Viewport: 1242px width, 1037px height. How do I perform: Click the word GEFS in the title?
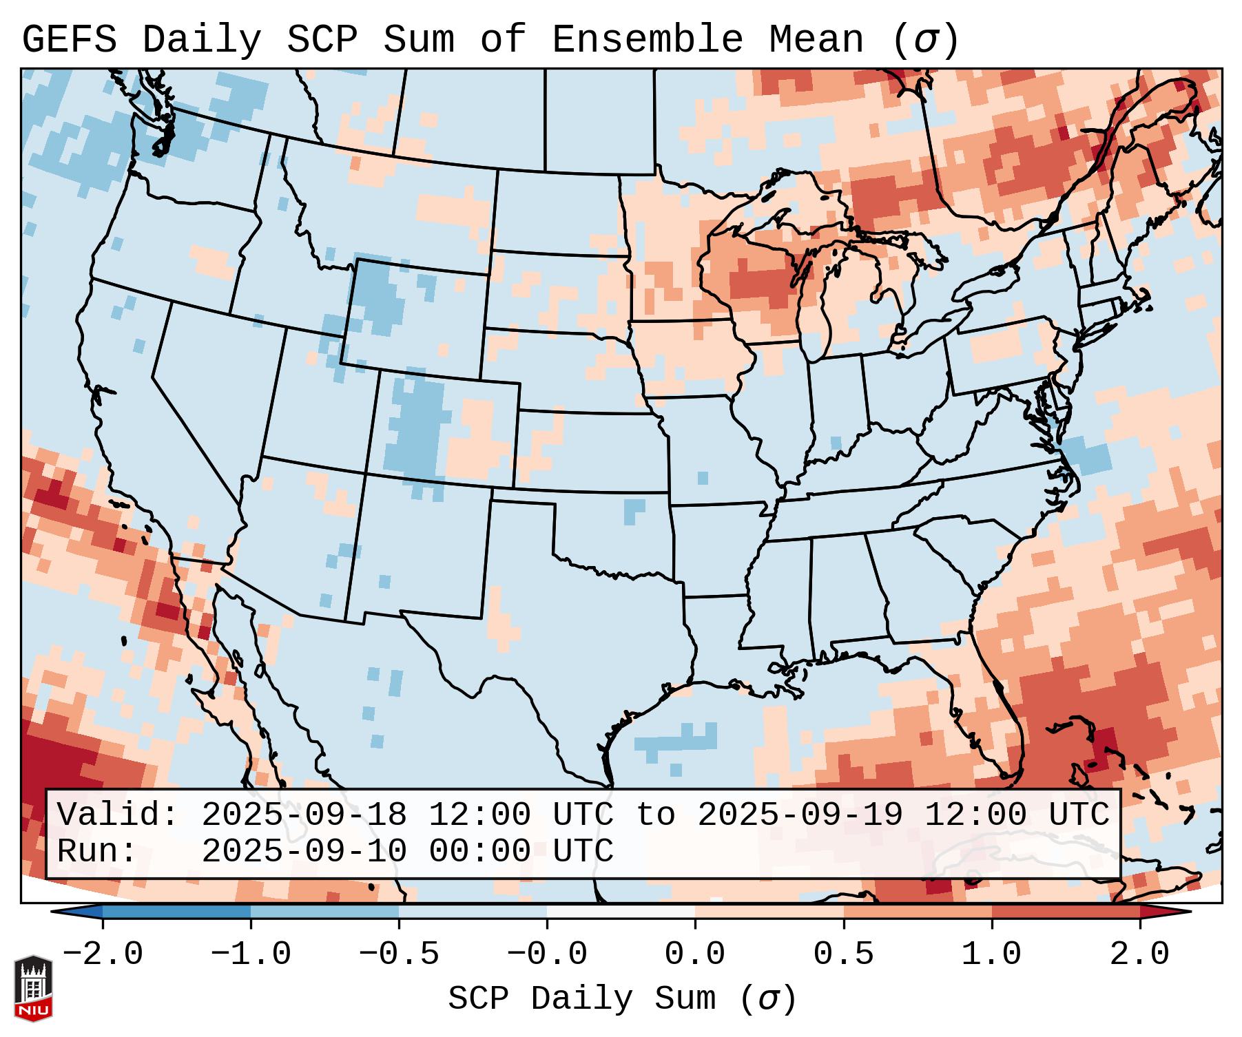click(69, 40)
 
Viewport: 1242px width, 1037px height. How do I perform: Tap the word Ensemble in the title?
click(648, 40)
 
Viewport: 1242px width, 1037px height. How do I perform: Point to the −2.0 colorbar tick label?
click(103, 954)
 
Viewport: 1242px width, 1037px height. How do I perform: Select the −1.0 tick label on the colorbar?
click(251, 954)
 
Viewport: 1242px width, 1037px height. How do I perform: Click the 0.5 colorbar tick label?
click(843, 954)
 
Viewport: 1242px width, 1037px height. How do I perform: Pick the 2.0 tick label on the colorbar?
click(1139, 954)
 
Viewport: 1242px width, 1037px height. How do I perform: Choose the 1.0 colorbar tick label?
click(991, 954)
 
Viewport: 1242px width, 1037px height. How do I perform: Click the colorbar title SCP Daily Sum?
click(582, 998)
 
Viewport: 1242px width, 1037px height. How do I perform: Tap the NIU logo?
click(33, 988)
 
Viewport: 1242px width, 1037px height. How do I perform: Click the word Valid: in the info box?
click(117, 815)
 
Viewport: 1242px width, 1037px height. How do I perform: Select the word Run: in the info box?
click(96, 851)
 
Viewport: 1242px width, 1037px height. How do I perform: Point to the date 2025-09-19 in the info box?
click(799, 815)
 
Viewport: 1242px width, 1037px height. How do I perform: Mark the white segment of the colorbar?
click(621, 912)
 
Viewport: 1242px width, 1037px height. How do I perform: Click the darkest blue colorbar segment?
click(176, 912)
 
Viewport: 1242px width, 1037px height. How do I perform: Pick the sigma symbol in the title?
click(925, 41)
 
